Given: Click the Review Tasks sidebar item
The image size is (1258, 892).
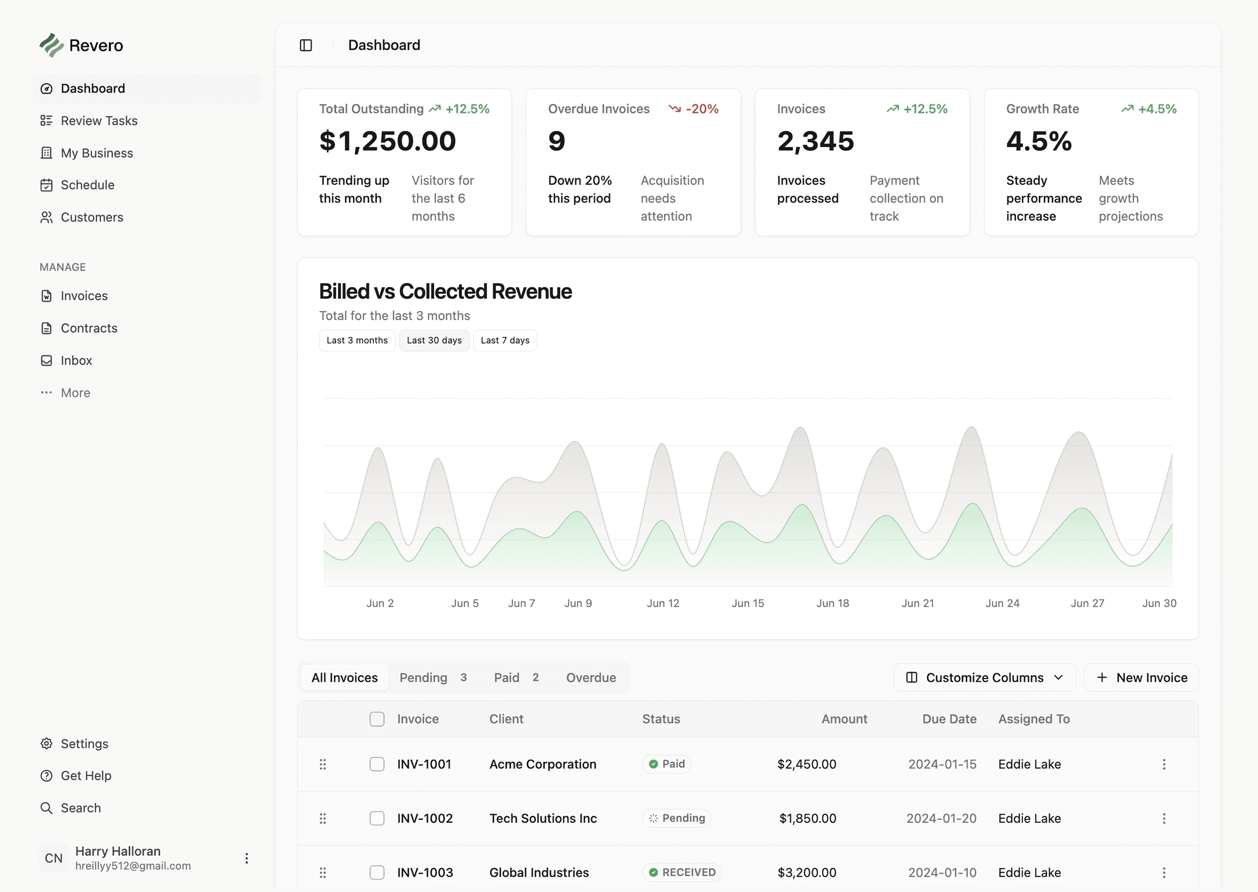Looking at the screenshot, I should click(x=99, y=121).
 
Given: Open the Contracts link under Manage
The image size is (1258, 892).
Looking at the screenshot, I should click(x=89, y=328).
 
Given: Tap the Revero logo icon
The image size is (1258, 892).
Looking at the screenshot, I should click(x=52, y=45).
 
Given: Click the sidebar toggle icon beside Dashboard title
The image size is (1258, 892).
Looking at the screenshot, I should click(x=306, y=45).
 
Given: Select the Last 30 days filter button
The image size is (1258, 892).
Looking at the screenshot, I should click(x=434, y=340).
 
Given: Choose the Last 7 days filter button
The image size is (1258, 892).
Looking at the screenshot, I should click(x=504, y=340).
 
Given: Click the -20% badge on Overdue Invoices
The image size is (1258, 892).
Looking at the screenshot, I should click(x=694, y=109).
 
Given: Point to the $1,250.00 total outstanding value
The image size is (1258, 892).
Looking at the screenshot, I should click(x=388, y=141).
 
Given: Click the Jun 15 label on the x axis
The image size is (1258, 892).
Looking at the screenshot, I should click(x=747, y=603).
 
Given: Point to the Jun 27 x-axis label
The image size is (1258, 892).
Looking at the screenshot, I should click(x=1087, y=603).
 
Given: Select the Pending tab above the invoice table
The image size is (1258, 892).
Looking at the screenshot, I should click(x=432, y=677).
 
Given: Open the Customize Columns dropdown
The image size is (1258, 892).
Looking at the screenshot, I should click(x=984, y=677).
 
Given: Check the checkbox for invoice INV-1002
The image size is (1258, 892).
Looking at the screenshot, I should click(x=376, y=818).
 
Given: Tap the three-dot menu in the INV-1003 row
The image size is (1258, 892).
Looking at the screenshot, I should click(x=1164, y=872).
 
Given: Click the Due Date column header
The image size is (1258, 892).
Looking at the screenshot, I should click(x=949, y=719).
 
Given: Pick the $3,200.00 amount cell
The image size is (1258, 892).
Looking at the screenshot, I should click(x=806, y=872).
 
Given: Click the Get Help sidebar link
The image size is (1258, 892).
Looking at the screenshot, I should click(x=85, y=775).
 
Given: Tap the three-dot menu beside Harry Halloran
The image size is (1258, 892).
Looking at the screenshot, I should click(x=246, y=858).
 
